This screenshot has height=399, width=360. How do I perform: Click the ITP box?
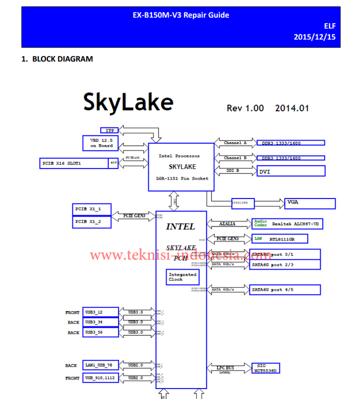pos(110,130)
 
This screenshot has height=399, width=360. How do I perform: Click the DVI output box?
pos(291,171)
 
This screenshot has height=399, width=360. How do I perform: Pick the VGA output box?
pos(310,203)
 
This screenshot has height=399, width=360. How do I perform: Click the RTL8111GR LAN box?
pos(279,239)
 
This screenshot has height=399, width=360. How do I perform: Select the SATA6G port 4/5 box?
pos(285,289)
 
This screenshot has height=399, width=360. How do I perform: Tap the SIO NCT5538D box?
pos(266,368)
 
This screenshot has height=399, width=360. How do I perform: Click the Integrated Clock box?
pos(182,277)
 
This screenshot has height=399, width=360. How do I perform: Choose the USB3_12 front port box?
pos(100,312)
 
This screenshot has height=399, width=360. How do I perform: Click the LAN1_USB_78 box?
pos(100,366)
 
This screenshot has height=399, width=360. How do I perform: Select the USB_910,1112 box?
pos(100,378)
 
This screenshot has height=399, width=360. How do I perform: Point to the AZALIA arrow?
pos(227,224)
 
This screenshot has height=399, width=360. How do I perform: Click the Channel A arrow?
pos(235,143)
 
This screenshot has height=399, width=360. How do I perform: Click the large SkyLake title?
pos(128,103)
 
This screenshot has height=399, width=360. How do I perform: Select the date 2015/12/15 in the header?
pos(315,37)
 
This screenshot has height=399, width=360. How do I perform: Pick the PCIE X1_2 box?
pos(92,221)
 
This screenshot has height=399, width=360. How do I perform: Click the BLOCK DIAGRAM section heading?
pos(62,59)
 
